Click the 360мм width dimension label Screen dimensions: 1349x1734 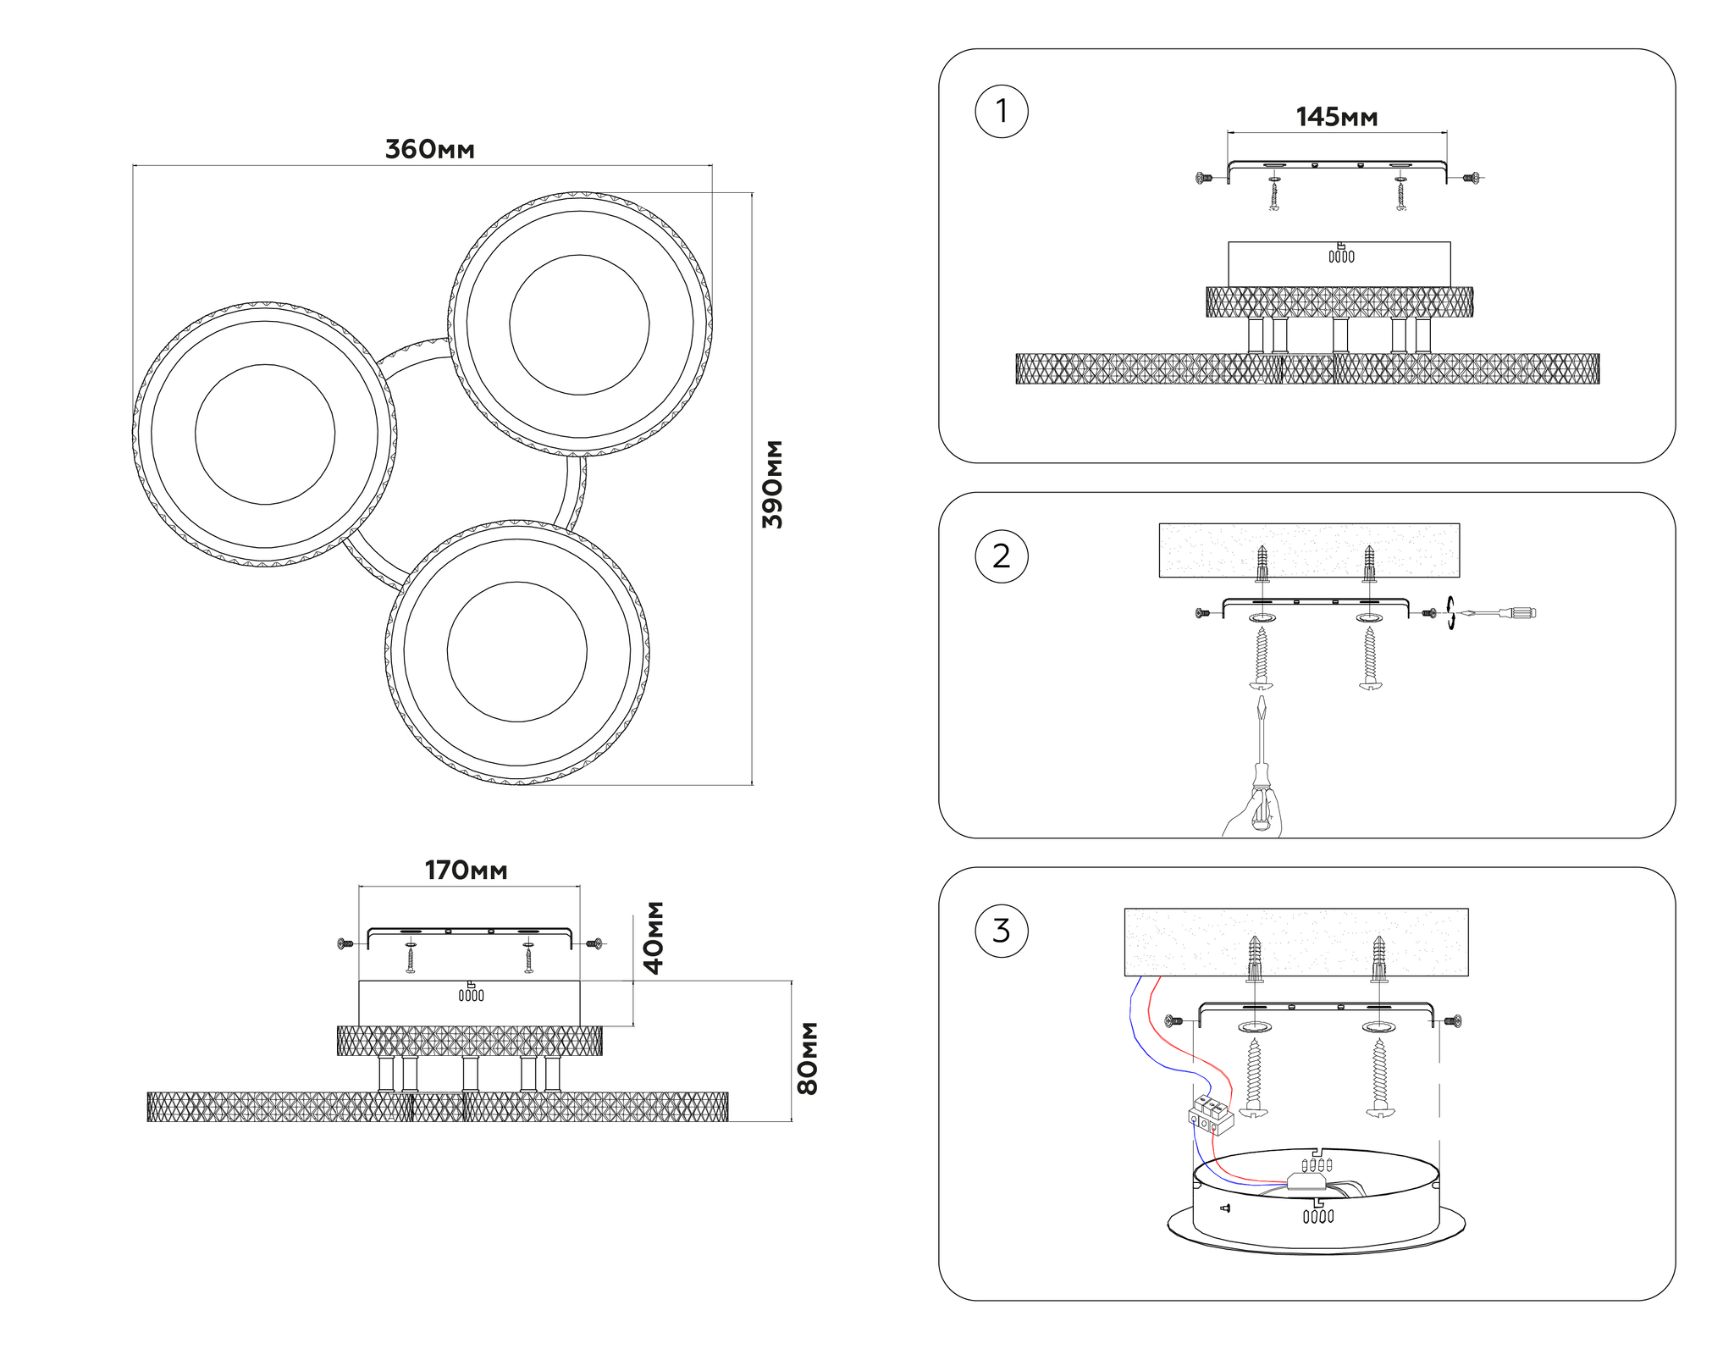429,150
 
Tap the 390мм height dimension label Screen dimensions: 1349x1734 772,484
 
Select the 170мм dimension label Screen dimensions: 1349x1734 466,871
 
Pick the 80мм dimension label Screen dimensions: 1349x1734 808,1058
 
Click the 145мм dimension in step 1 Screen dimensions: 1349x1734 1336,118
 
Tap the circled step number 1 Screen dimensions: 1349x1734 1002,111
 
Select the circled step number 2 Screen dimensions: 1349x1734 1002,556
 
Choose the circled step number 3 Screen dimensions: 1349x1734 1002,931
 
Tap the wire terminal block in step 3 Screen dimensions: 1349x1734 1211,1115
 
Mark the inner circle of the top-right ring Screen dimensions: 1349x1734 579,324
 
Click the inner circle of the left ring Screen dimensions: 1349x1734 265,434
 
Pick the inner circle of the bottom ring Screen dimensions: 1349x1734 516,651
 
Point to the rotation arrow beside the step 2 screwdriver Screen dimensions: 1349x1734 1450,612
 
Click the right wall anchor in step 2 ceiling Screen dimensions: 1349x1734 1369,563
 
